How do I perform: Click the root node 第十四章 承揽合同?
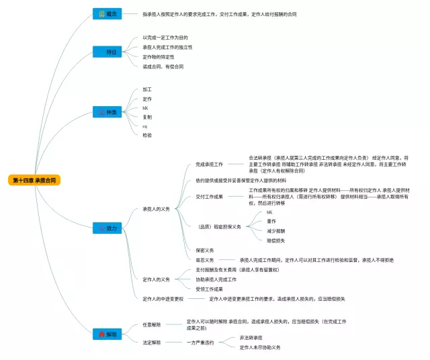click(34, 180)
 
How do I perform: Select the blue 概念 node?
click(107, 14)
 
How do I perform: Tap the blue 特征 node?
click(107, 52)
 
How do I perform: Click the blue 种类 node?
click(107, 112)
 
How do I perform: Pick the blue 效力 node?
click(107, 228)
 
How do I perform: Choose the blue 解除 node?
click(107, 333)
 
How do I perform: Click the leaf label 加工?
click(147, 89)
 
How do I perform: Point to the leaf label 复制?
click(147, 117)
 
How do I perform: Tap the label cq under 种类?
click(145, 126)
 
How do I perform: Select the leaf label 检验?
click(147, 135)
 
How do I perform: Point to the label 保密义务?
click(205, 250)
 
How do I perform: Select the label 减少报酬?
click(276, 230)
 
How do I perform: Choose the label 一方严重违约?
click(200, 343)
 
